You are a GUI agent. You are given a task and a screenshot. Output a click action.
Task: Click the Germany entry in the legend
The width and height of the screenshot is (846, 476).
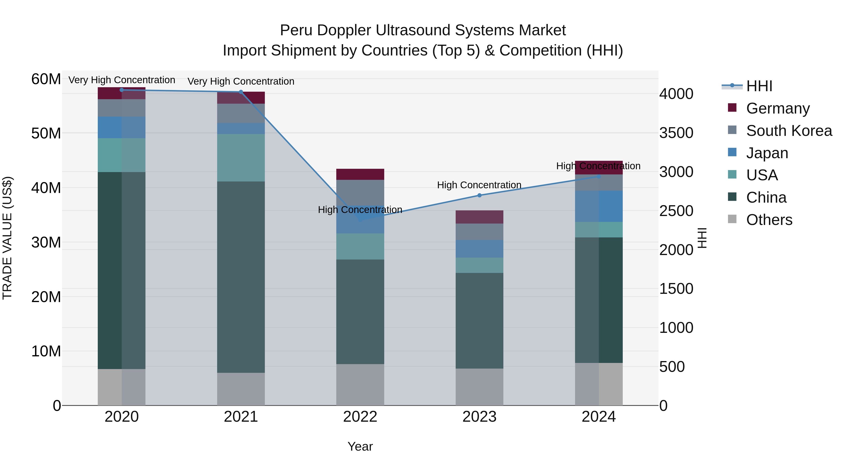point(778,108)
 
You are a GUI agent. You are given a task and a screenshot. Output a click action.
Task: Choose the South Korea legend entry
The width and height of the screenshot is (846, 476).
point(789,131)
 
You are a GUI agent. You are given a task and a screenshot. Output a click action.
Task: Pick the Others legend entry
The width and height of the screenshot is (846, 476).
point(769,220)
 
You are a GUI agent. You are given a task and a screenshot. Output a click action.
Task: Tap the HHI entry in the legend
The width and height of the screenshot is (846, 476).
point(759,86)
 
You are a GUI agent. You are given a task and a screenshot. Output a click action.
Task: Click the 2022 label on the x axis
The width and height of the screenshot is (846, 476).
point(360,417)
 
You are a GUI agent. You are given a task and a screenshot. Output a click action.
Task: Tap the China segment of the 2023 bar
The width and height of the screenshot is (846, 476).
point(479,320)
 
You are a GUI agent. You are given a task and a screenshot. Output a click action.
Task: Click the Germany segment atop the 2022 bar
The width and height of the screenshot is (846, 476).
point(360,174)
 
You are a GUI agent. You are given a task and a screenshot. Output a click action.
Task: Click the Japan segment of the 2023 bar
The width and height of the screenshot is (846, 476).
point(479,249)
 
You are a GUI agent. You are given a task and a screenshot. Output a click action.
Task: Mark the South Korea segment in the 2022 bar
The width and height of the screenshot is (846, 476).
point(360,193)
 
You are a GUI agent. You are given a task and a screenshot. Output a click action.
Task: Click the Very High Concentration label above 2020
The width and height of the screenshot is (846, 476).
point(121,80)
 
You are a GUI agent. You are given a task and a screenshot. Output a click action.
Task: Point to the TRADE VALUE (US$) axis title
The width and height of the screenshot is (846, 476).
point(7,238)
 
